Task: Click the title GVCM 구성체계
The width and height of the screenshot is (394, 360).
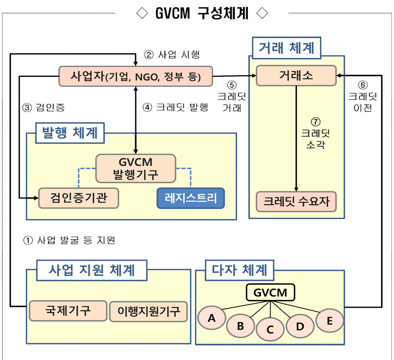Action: click(x=201, y=13)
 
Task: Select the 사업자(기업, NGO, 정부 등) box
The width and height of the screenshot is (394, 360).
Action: click(x=136, y=77)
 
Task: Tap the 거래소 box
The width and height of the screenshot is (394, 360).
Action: click(x=295, y=76)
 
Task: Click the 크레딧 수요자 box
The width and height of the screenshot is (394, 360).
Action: click(x=296, y=201)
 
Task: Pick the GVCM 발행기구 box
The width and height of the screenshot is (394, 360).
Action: click(x=135, y=168)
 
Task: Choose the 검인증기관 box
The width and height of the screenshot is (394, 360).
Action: click(x=79, y=198)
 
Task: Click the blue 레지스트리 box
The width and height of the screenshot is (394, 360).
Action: click(x=190, y=198)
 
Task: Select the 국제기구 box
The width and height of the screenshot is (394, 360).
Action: click(x=67, y=310)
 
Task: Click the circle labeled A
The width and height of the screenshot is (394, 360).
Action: click(x=211, y=318)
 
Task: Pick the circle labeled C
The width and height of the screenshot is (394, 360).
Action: click(x=270, y=329)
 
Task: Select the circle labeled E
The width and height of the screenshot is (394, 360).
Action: click(x=329, y=321)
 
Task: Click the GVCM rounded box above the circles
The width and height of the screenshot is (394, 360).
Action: click(x=270, y=292)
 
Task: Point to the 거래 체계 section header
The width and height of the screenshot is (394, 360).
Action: click(x=286, y=48)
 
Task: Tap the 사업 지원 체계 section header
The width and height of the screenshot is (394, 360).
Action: click(x=91, y=270)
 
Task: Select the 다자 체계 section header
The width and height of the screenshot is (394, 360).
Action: click(x=239, y=270)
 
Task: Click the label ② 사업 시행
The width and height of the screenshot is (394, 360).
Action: click(x=172, y=54)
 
